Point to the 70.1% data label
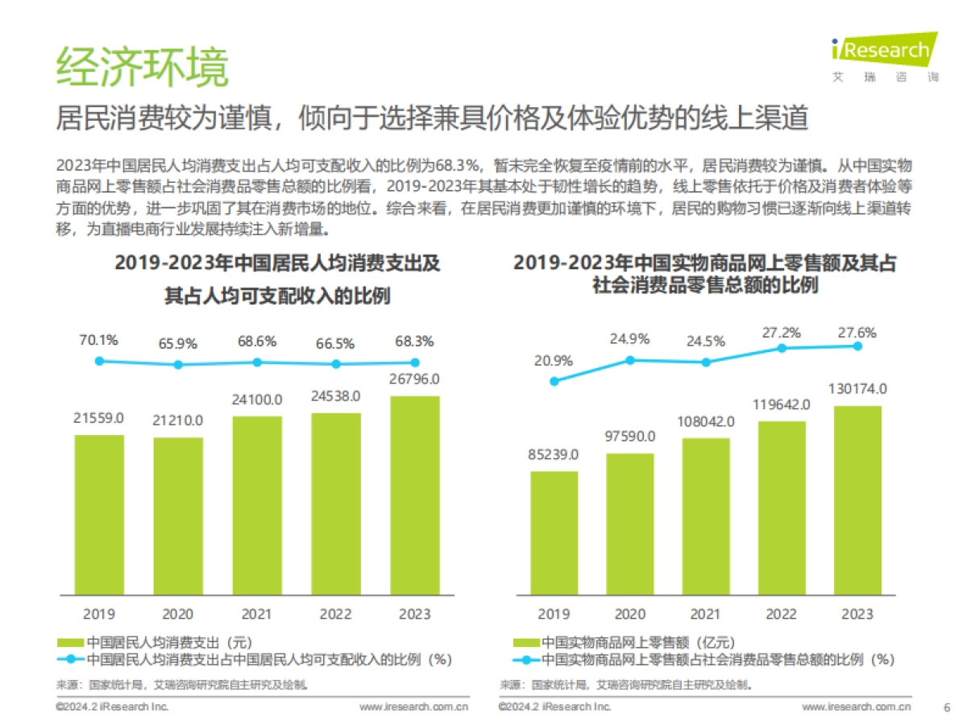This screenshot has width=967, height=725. click(98, 340)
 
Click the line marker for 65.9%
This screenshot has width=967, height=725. click(178, 364)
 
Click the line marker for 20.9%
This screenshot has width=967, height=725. click(554, 381)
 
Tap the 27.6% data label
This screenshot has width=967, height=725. click(856, 333)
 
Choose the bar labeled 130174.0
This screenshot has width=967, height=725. click(857, 500)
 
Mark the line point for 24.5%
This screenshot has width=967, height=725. click(706, 362)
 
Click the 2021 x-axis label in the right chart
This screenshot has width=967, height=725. click(706, 614)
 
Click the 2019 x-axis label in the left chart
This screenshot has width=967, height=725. click(99, 614)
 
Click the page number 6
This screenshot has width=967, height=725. click(946, 707)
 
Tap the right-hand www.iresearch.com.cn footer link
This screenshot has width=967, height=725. click(856, 706)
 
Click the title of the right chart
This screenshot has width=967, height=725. click(704, 274)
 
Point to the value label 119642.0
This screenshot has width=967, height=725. click(782, 404)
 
